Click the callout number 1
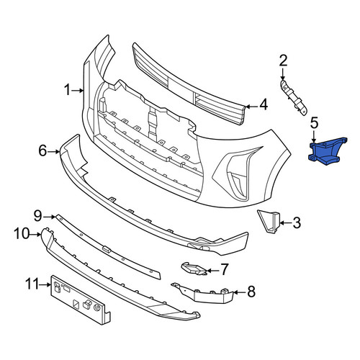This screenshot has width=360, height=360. point(68,90)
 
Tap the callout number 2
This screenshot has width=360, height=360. point(283,60)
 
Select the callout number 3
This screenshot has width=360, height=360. point(297,222)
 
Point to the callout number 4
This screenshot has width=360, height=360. point(264,105)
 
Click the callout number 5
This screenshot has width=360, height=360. point(314,123)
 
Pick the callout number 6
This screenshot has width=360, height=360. point(42,151)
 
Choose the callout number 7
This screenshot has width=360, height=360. point(224,269)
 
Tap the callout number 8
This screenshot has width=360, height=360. point(251,292)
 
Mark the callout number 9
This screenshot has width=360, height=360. point(37,216)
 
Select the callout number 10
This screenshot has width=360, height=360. point(22,234)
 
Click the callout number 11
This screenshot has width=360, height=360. point(32,284)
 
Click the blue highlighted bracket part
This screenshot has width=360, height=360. point(327,151)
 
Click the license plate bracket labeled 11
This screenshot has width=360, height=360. point(81,300)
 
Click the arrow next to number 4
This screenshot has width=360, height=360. point(252,107)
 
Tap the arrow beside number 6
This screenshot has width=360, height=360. point(54,151)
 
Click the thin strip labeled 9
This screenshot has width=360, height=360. point(108,247)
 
